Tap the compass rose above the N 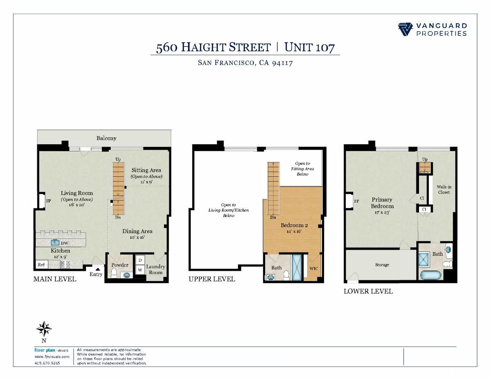(44, 329)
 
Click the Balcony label (106, 138)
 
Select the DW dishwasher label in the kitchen (65, 243)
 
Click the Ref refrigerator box (41, 264)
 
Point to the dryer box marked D (140, 260)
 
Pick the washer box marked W (140, 270)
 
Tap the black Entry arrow (98, 269)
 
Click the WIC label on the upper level (314, 269)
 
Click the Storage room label (382, 265)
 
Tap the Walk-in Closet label (444, 190)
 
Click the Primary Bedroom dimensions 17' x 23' (382, 212)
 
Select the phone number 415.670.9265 (47, 363)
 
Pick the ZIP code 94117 (282, 62)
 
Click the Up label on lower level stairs (425, 159)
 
